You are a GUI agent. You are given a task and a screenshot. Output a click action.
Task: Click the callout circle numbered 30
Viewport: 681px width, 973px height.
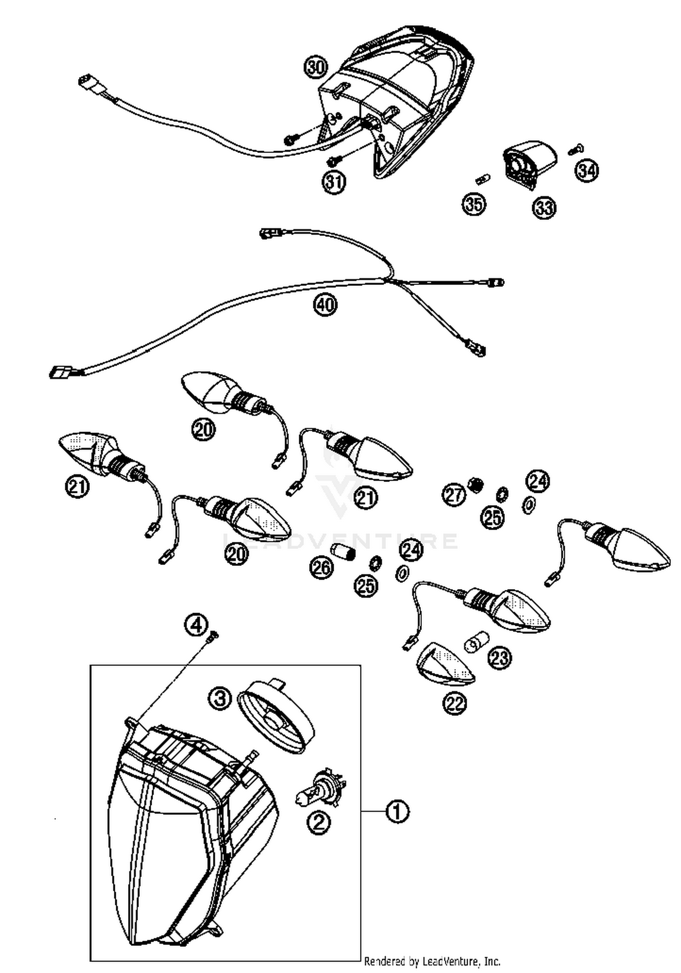pos(316,68)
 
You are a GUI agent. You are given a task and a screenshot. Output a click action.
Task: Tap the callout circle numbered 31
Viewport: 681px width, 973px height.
pos(334,182)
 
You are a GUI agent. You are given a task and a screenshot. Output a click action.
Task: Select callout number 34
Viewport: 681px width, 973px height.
pos(587,171)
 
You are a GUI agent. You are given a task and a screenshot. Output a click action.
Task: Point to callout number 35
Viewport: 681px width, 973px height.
pos(474,204)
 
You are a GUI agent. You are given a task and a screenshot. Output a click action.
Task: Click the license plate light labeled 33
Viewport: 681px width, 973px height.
pos(529,165)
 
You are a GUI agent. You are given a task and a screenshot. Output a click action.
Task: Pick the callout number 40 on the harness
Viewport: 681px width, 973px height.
pos(325,304)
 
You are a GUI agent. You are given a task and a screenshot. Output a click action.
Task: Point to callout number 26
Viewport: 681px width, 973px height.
pos(321,567)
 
